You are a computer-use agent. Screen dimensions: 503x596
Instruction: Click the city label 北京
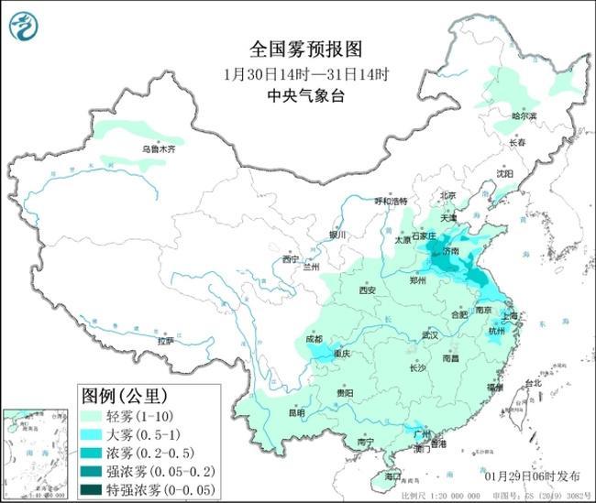tap(447, 195)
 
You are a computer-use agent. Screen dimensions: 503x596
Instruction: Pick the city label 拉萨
tap(166, 341)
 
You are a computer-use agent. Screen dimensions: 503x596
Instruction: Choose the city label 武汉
tap(429, 335)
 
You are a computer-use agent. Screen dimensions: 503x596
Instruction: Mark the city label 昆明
tap(296, 412)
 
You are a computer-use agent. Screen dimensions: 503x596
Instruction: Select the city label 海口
tap(393, 477)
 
